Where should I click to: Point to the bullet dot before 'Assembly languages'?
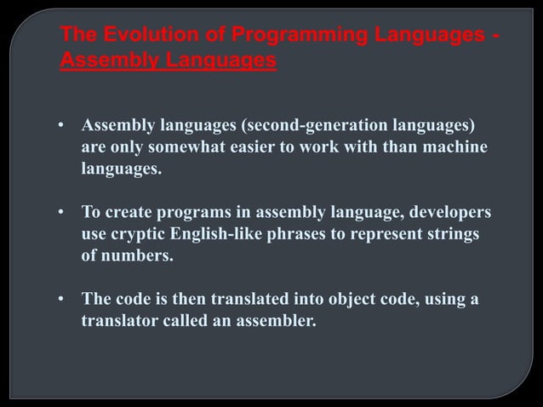click(x=61, y=128)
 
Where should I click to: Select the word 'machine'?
click(x=459, y=149)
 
